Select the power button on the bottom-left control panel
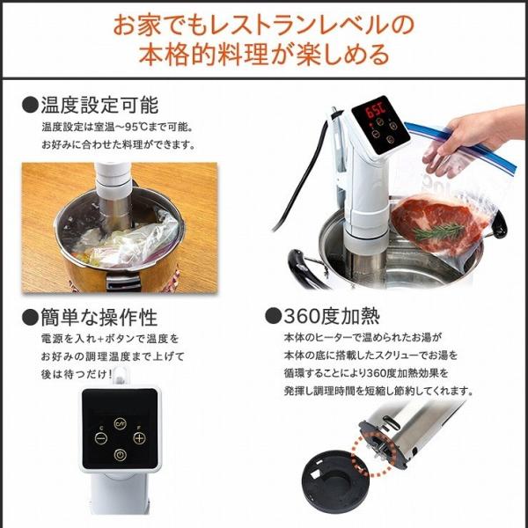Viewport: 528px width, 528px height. (120, 454)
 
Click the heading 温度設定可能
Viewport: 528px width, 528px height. (99, 106)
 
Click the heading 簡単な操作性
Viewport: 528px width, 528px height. (99, 315)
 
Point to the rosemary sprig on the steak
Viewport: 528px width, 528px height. (437, 231)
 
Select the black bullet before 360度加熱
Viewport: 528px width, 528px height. (270, 315)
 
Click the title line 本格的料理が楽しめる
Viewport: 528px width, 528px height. (264, 56)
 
